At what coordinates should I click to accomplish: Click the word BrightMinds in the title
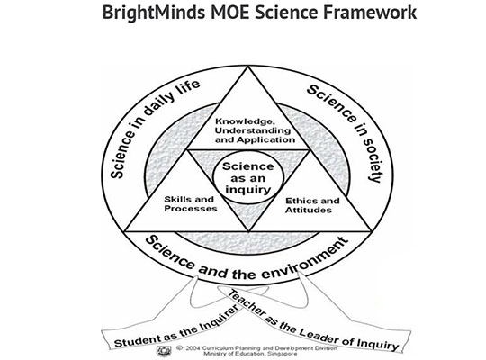tap(154, 13)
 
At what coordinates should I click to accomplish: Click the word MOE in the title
tap(230, 13)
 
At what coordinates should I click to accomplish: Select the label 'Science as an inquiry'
tap(248, 178)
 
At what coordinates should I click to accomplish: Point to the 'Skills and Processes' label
tap(190, 203)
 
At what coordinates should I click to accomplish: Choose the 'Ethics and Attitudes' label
tap(312, 205)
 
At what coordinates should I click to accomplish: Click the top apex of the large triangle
tap(248, 66)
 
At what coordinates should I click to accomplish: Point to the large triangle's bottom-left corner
tap(124, 231)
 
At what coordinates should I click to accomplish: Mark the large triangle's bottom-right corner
tap(371, 231)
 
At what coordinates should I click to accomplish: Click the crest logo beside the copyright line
tap(164, 351)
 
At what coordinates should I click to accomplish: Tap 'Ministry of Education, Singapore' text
tap(250, 354)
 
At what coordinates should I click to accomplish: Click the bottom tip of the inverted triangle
tap(248, 231)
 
